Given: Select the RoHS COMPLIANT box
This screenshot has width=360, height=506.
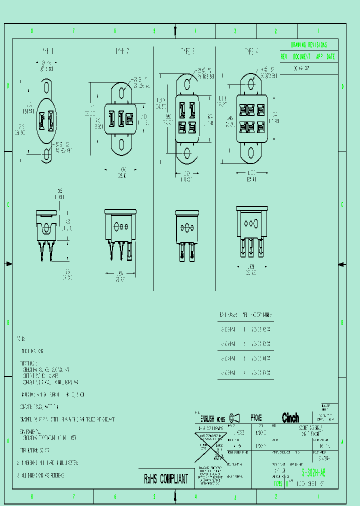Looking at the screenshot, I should (x=166, y=479).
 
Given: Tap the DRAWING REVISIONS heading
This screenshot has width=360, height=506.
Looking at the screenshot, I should (x=309, y=45).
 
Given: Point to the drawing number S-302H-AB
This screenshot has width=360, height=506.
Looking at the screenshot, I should (x=313, y=472).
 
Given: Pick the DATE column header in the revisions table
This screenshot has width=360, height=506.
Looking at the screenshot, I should (x=331, y=56).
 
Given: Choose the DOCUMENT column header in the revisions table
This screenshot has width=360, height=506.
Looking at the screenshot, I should (x=301, y=56).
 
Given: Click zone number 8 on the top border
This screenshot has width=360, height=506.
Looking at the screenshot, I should (x=31, y=31).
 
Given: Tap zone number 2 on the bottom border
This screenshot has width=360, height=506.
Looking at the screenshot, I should (x=275, y=497).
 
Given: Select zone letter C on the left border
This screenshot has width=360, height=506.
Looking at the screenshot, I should (x=8, y=204).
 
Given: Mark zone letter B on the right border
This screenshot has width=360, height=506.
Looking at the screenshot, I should (x=342, y=322).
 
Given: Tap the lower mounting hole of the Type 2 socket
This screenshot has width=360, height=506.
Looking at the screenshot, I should (x=121, y=145).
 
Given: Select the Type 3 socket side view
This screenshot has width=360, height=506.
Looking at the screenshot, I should (x=187, y=235).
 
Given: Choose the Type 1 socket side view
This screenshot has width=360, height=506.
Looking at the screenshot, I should (x=46, y=235).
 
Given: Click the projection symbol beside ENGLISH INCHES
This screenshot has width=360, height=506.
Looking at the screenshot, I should (x=234, y=418).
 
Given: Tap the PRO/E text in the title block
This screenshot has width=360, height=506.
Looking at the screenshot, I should (x=256, y=418).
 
